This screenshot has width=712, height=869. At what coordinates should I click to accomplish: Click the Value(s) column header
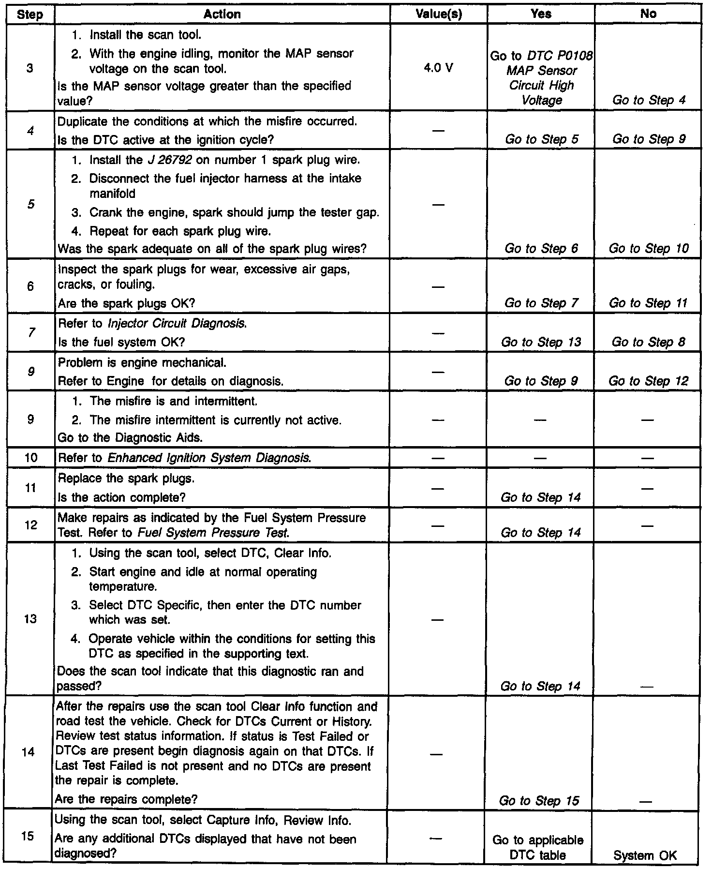[x=439, y=15]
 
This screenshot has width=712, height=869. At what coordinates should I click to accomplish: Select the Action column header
[x=222, y=15]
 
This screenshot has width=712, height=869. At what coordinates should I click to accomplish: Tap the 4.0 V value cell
[x=438, y=68]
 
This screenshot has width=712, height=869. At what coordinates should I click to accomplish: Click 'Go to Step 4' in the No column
[x=649, y=100]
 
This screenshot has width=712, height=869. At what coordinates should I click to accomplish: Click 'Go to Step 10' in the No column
[x=649, y=249]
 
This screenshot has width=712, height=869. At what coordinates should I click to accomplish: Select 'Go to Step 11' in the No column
[x=649, y=303]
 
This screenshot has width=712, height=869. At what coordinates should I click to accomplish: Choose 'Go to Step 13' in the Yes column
[x=541, y=342]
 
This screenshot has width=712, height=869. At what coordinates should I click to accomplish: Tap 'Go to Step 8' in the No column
[x=649, y=342]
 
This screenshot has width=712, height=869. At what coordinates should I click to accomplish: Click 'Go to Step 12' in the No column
[x=649, y=381]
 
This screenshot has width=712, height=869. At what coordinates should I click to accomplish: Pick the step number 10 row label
[x=30, y=457]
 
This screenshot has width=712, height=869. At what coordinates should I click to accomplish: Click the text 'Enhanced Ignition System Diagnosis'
[x=208, y=458]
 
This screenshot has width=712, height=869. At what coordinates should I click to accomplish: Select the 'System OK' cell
[x=645, y=855]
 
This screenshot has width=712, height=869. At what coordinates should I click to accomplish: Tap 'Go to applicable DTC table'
[x=538, y=848]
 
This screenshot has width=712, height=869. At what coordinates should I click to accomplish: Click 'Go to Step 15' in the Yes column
[x=539, y=801]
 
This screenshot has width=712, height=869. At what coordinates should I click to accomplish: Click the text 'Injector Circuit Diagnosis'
[x=178, y=324]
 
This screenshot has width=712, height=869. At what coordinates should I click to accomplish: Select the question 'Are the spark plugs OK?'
[x=126, y=303]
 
